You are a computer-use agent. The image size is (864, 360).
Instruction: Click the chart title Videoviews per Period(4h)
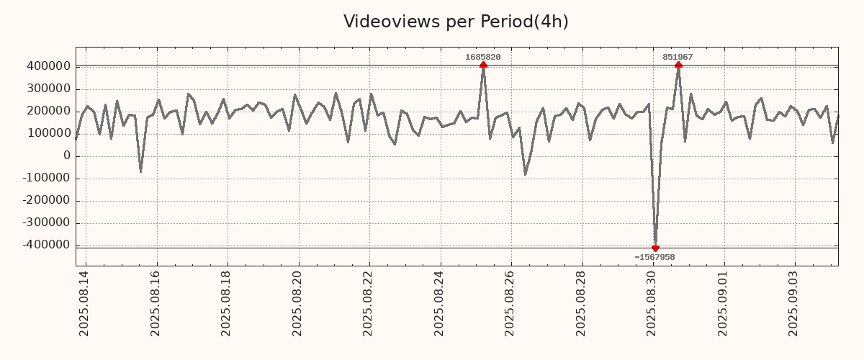[x=456, y=22]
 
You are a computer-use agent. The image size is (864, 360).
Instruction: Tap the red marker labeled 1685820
[x=483, y=65]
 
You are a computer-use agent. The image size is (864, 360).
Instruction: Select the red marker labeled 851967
[x=678, y=65]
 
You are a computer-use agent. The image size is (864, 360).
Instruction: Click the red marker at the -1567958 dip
[x=655, y=248]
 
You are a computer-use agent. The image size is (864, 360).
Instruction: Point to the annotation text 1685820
[x=483, y=57]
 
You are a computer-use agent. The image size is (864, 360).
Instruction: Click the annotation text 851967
[x=678, y=57]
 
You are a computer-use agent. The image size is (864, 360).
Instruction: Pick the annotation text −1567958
[x=654, y=257]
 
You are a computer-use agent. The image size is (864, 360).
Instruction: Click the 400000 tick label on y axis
[x=48, y=66]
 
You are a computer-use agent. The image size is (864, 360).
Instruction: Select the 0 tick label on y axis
[x=67, y=156]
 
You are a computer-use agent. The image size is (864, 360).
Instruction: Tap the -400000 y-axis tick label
[x=46, y=245]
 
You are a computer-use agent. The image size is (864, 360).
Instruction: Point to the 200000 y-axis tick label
[x=48, y=111]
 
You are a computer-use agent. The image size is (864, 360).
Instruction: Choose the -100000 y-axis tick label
[x=46, y=178]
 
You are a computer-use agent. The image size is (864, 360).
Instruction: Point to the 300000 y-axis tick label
[x=48, y=89]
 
